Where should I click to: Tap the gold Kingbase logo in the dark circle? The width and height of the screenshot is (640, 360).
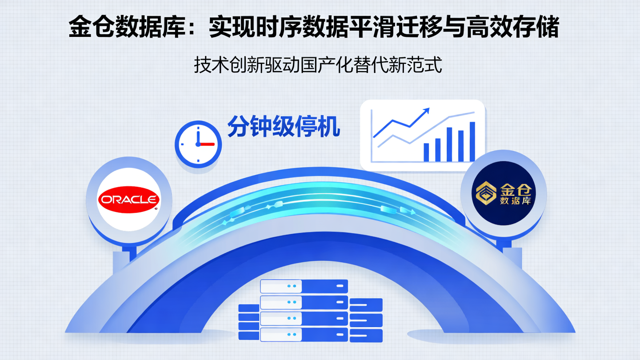click(504, 193)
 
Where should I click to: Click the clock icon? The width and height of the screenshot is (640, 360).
click(198, 143)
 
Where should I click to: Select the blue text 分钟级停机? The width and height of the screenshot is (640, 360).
click(284, 126)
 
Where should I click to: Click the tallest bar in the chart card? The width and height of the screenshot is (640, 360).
click(472, 141)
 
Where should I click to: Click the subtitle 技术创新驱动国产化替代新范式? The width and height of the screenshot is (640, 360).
click(318, 66)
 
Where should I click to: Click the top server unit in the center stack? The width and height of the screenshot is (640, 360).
click(304, 286)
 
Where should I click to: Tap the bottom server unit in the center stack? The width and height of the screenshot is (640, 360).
click(304, 334)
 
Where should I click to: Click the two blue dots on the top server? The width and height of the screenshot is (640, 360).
click(291, 286)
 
